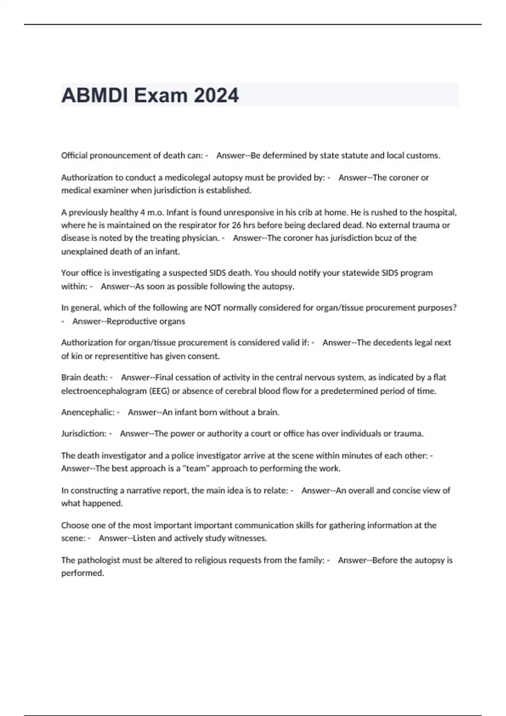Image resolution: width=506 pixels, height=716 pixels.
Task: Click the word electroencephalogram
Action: click(104, 391)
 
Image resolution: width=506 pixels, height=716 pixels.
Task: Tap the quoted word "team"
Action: click(196, 468)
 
